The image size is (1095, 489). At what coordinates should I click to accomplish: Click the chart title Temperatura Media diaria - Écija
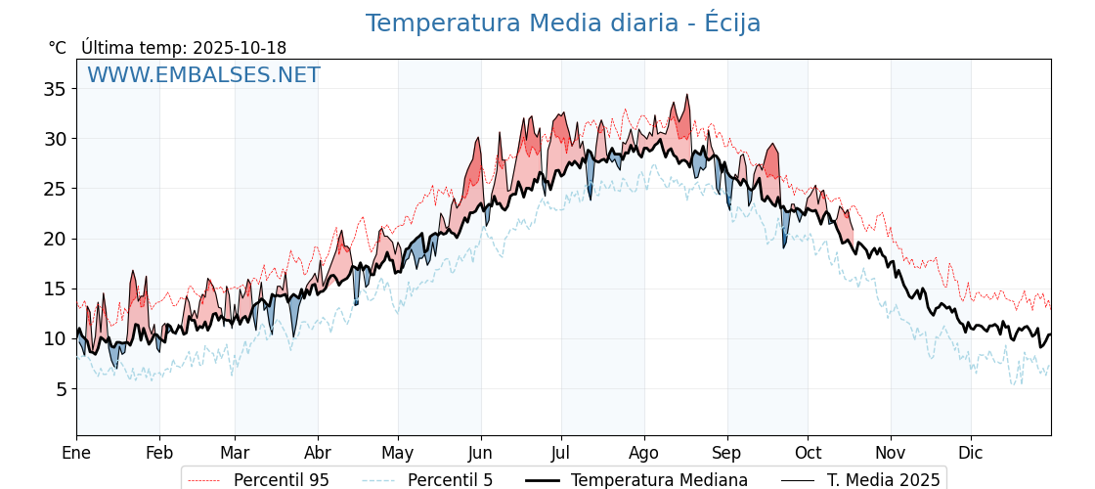point(562,23)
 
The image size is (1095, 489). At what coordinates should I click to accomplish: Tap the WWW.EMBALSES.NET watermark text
point(203,75)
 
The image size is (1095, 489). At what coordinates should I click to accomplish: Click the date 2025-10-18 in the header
point(240,48)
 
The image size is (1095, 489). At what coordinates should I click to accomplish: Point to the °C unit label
point(57,48)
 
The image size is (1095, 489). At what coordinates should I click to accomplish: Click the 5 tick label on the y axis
point(61,389)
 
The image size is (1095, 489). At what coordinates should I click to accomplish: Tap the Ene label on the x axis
point(76,453)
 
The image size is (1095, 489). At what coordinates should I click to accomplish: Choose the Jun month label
point(480,453)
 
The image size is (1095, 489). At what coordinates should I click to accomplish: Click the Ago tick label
point(644,453)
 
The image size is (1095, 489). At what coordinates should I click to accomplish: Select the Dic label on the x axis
point(971,453)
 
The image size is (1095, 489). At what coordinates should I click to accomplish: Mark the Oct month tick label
point(808,453)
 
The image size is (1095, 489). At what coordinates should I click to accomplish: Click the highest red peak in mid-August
point(687,96)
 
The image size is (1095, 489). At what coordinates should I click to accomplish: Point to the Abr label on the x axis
point(318,453)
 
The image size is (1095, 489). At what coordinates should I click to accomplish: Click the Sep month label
point(727,453)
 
